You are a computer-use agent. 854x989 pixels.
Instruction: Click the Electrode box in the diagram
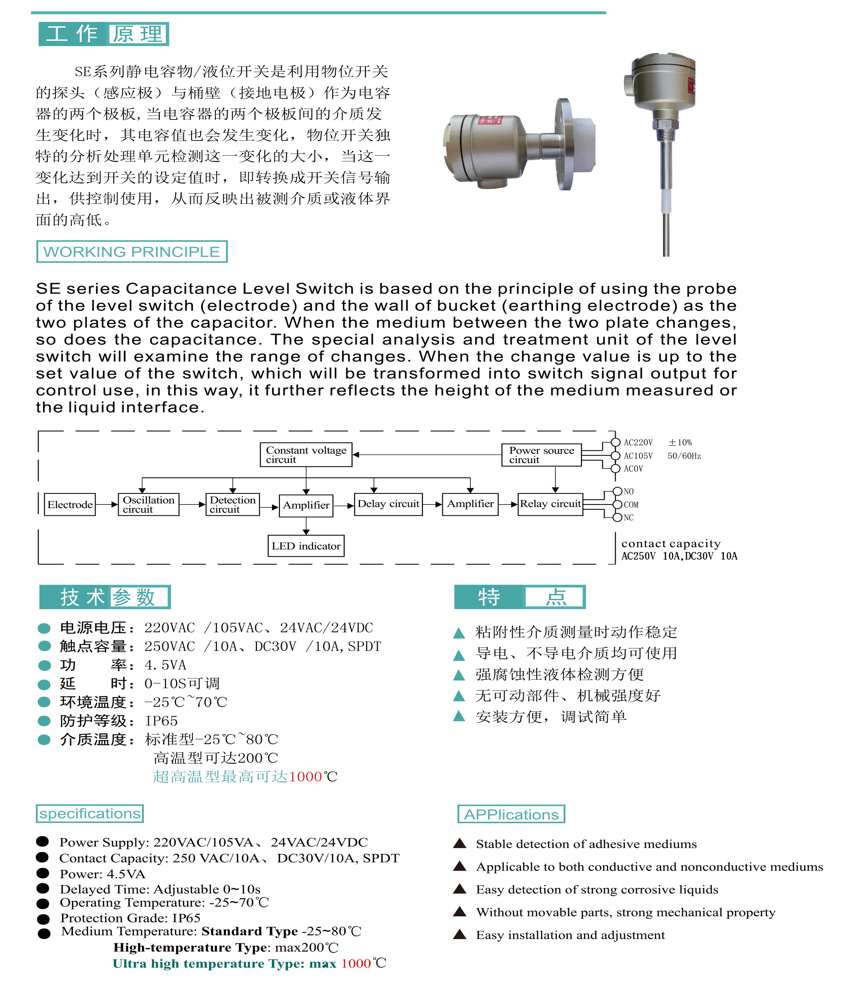70,504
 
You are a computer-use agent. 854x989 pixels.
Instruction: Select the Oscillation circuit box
148,504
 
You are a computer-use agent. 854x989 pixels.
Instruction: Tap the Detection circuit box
232,504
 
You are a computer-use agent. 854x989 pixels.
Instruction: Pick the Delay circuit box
388,504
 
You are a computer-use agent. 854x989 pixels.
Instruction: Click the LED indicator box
306,546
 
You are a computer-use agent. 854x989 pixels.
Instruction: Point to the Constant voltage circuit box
306,455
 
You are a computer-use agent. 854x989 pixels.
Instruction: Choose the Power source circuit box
541,455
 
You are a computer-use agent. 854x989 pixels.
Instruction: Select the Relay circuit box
550,504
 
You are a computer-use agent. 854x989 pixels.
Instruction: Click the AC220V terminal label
638,443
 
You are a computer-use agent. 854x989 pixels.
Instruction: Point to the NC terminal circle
617,518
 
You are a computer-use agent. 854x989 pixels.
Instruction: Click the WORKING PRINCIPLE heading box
132,251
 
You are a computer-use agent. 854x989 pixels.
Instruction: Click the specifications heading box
90,813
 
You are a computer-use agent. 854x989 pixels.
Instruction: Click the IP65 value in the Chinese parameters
162,721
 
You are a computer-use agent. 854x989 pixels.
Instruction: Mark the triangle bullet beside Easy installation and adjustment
459,934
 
